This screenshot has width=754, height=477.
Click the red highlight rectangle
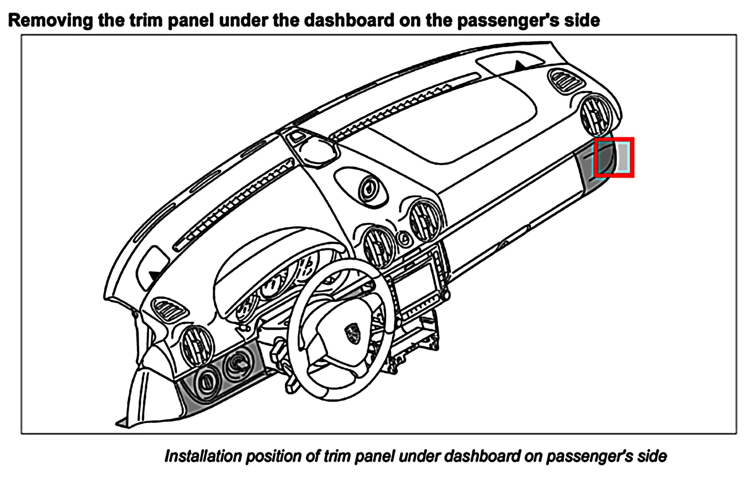[x=614, y=157]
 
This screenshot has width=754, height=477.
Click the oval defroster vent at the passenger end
[x=565, y=81]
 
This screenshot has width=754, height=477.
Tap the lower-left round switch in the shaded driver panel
[x=207, y=381]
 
